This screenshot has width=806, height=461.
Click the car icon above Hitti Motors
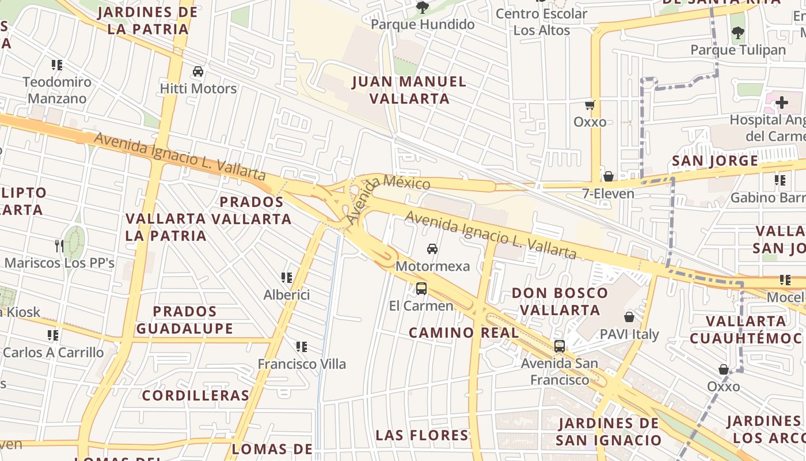coord(198,71)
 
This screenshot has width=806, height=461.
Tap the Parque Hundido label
coord(423,24)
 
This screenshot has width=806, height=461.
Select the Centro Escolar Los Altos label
coord(541,22)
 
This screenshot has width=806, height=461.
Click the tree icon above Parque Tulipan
coord(737,33)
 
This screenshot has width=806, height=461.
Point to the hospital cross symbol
coord(781,103)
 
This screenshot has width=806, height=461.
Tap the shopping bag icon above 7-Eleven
coord(608,176)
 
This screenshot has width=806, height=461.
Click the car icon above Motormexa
coord(432,249)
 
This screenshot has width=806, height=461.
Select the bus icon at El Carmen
coord(421,289)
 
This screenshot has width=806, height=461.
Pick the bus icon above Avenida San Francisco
coord(559,346)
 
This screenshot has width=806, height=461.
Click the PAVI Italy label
coord(629,334)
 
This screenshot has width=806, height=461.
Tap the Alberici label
coord(286,295)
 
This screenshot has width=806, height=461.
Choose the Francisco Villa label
coord(302,364)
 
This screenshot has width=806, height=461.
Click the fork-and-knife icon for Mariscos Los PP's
coord(59,245)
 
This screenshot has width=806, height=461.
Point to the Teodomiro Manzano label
coord(57,90)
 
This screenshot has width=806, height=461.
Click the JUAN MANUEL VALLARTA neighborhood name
coord(409,90)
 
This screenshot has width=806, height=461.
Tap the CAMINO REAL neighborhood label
coord(463,332)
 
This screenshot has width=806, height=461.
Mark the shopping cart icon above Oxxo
coord(590,105)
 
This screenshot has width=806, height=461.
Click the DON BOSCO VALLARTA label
coord(560,301)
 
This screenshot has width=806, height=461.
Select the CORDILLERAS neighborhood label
coord(195,395)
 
